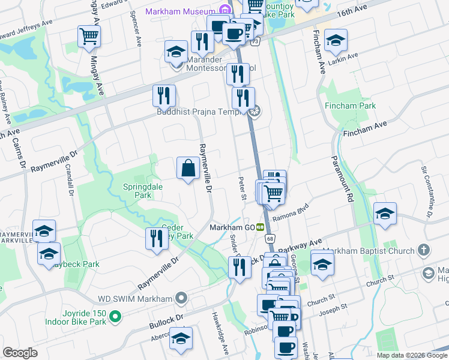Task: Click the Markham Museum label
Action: tap(180, 11)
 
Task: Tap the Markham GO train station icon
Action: tap(261, 227)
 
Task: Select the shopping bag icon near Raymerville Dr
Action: tap(188, 167)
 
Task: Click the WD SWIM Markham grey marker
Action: tap(181, 298)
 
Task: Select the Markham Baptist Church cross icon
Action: tap(424, 250)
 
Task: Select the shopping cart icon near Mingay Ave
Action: tap(89, 37)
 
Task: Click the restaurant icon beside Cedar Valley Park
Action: tap(156, 238)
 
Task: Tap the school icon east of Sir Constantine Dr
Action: tap(384, 214)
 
